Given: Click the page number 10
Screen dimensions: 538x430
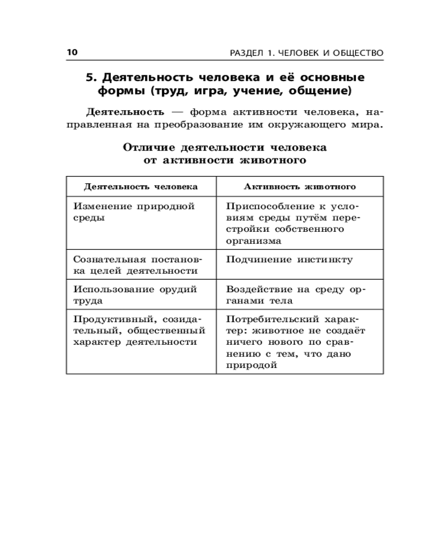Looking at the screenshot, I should [x=73, y=52].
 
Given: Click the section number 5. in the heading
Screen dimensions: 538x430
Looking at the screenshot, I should [x=92, y=76].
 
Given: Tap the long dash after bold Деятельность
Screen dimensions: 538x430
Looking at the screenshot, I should [x=178, y=112].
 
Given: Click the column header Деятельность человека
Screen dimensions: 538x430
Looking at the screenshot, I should [x=141, y=187].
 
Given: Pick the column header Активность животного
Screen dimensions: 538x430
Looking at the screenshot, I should [x=300, y=187].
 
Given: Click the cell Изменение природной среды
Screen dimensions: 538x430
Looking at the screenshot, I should [x=134, y=212].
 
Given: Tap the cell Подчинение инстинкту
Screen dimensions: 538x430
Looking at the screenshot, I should [x=289, y=259].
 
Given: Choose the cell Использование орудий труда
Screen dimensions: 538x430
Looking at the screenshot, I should [x=135, y=294].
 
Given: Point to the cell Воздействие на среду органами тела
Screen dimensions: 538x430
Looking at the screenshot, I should [x=295, y=294].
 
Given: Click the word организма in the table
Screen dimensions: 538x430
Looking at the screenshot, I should [x=254, y=241].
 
